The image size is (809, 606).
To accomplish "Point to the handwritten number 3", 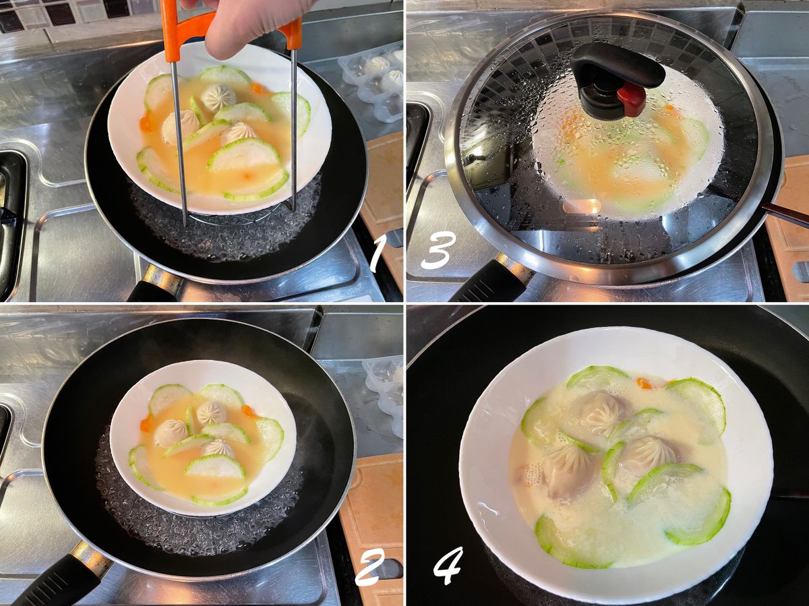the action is pos(438,251).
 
